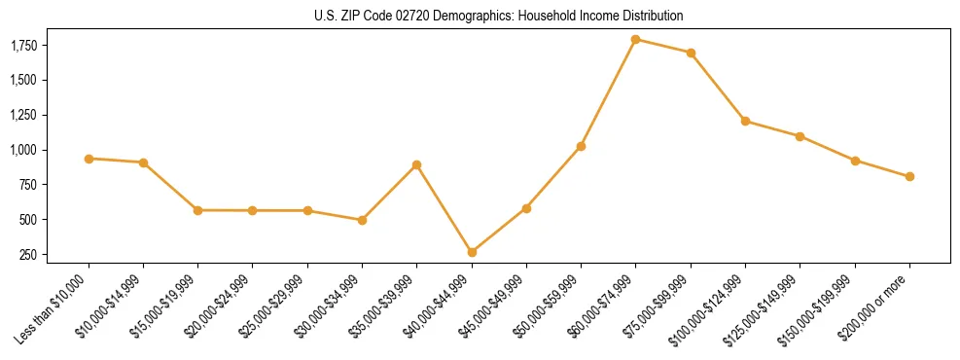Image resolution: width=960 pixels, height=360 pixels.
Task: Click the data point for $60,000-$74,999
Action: pos(636,40)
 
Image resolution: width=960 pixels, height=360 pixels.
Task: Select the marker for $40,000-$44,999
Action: pos(472,252)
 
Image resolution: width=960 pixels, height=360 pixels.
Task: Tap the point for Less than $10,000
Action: pos(89,159)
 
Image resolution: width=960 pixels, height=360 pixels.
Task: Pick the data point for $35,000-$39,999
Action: pos(417,165)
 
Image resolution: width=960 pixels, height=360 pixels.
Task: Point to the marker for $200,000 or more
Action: pos(909,177)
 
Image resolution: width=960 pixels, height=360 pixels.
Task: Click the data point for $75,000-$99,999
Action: pos(691,53)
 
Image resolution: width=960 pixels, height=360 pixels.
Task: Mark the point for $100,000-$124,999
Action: pos(745,122)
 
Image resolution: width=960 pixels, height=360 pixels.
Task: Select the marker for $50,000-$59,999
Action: pos(581,146)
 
